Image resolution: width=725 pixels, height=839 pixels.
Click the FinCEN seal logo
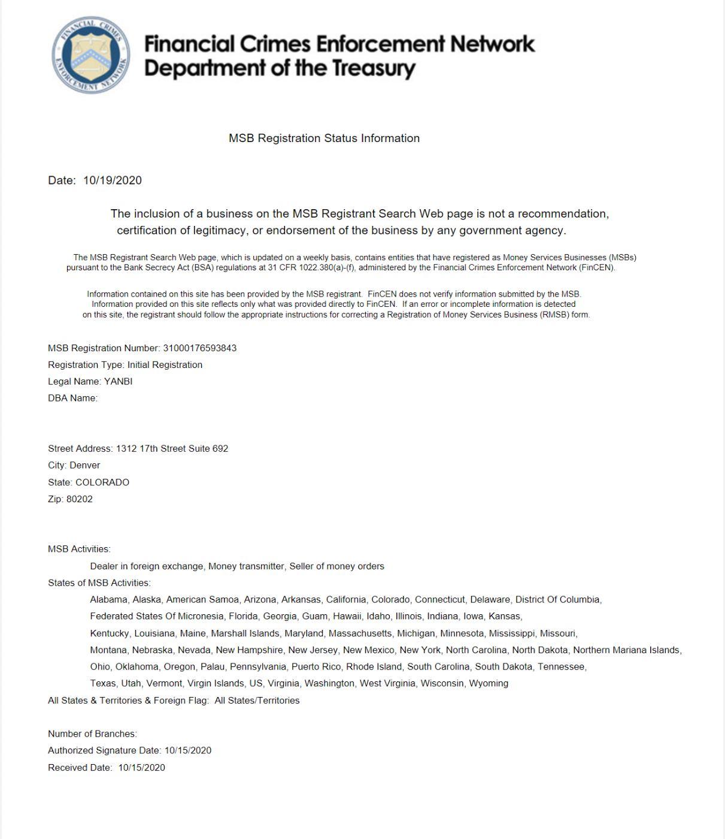[90, 55]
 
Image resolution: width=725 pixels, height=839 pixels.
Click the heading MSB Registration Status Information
[324, 138]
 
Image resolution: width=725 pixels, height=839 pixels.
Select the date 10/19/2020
[113, 180]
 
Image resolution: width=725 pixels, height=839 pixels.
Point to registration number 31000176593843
[199, 348]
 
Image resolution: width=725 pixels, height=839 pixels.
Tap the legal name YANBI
[118, 381]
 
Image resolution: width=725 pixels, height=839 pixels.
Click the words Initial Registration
[165, 365]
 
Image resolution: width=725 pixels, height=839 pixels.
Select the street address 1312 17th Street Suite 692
[172, 448]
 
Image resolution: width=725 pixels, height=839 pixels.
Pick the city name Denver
[84, 465]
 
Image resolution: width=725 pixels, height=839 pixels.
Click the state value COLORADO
[102, 482]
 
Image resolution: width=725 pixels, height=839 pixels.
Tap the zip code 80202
[80, 499]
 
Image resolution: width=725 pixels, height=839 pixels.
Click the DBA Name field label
[72, 398]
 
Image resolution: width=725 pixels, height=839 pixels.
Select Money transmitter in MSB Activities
[246, 566]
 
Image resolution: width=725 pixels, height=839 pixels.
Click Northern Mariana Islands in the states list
[627, 650]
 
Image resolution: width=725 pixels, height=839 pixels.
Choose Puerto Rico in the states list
[316, 666]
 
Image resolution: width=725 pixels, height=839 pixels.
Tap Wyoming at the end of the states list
[489, 683]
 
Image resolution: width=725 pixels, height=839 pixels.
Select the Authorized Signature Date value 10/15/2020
[188, 750]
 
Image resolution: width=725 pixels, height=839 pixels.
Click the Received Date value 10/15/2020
[141, 768]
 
